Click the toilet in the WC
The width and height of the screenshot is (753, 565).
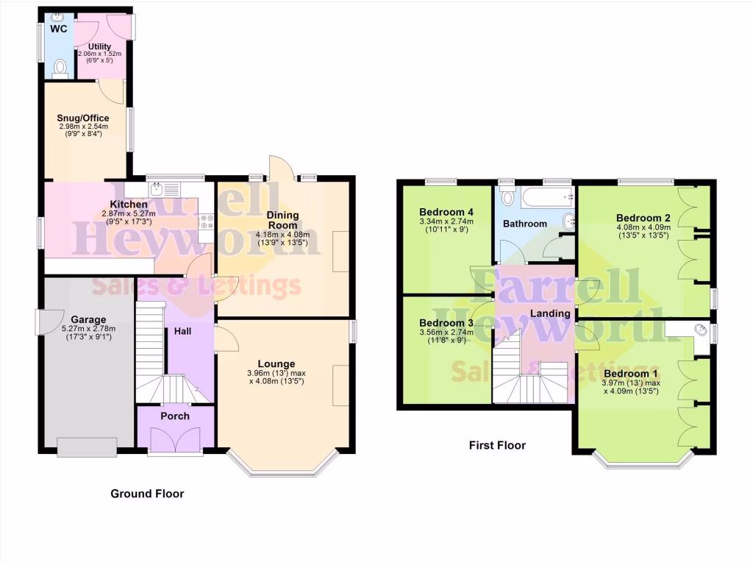pyautogui.click(x=60, y=69)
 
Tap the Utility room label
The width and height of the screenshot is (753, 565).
pyautogui.click(x=99, y=46)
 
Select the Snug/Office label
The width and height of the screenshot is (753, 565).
pyautogui.click(x=83, y=118)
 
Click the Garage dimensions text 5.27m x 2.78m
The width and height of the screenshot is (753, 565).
pyautogui.click(x=88, y=329)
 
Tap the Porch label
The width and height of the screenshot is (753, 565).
pyautogui.click(x=175, y=416)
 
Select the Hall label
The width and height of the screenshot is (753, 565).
pyautogui.click(x=182, y=332)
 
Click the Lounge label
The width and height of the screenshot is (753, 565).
pyautogui.click(x=276, y=363)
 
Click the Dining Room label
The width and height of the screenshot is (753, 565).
pyautogui.click(x=282, y=220)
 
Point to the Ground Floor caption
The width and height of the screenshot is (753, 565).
pyautogui.click(x=147, y=494)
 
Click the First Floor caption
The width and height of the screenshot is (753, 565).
pyautogui.click(x=497, y=445)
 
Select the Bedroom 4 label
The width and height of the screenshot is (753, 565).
pyautogui.click(x=446, y=212)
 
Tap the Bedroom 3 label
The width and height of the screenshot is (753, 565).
pyautogui.click(x=446, y=323)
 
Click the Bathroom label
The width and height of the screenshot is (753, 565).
pyautogui.click(x=525, y=224)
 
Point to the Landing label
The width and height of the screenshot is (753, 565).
pyautogui.click(x=551, y=313)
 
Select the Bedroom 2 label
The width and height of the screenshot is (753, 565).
pyautogui.click(x=643, y=218)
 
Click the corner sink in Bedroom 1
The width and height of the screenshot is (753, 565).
pyautogui.click(x=702, y=330)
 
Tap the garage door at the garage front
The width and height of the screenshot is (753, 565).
pyautogui.click(x=87, y=446)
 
